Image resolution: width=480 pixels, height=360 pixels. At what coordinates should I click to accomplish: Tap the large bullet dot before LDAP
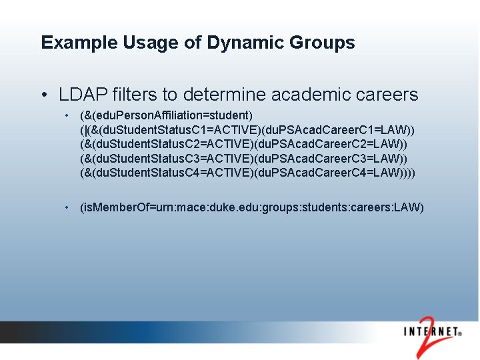tap(44, 95)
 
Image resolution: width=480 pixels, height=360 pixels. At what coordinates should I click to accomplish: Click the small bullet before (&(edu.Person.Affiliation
tap(68, 115)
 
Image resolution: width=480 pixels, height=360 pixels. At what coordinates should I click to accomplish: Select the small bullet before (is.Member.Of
tap(68, 207)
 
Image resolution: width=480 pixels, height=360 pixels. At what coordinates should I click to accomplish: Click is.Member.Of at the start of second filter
tap(113, 207)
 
